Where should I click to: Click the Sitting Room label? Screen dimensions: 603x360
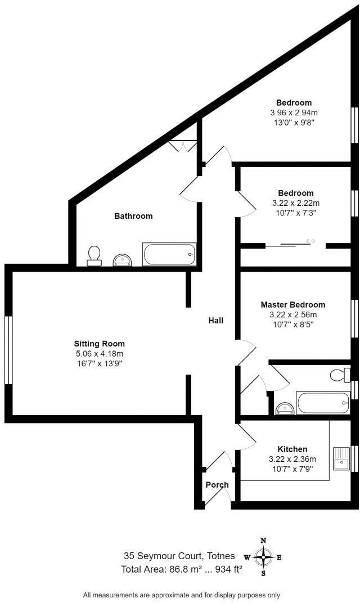click(100, 344)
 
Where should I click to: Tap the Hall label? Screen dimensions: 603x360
click(216, 321)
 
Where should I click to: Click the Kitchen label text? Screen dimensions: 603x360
click(292, 449)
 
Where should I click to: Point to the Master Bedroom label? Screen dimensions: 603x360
click(292, 305)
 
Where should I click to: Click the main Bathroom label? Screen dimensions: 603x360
click(133, 216)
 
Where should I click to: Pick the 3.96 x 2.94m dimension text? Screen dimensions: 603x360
click(294, 112)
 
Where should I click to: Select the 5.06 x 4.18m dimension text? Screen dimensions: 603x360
click(100, 354)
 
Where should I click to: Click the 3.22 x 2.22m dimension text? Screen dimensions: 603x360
click(295, 203)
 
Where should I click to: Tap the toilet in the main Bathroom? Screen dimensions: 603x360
click(94, 255)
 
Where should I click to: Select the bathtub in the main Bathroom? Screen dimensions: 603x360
click(169, 254)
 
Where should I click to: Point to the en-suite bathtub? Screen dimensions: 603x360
click(323, 403)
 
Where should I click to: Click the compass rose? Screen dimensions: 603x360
click(263, 557)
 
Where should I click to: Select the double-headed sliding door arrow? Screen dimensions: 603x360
click(310, 242)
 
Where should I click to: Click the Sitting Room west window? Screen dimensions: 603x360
click(8, 350)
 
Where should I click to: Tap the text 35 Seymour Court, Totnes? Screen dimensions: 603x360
click(179, 556)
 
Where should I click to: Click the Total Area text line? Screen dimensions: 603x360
click(182, 569)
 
